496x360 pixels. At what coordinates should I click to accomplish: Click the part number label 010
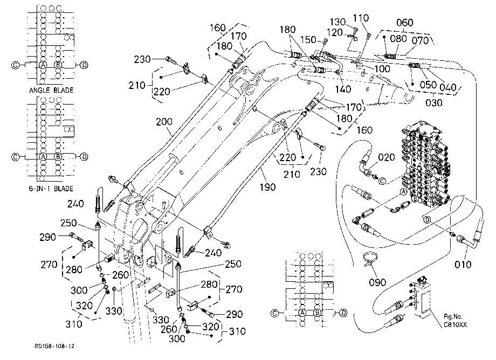[x=463, y=264]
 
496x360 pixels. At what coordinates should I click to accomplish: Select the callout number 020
[x=386, y=157]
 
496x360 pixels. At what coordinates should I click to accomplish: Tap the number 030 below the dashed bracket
[x=433, y=103]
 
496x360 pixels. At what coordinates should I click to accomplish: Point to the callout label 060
[x=404, y=23]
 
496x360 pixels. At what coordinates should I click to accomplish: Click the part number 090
[x=377, y=282]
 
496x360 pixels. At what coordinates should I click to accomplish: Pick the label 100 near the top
[x=382, y=68]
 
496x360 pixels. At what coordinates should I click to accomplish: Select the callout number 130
[x=337, y=22]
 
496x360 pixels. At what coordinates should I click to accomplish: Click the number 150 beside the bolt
[x=308, y=39]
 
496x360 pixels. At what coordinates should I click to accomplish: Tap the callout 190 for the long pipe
[x=267, y=187]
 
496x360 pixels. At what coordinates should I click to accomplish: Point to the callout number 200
[x=164, y=122]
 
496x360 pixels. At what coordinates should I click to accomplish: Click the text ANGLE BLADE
[x=51, y=90]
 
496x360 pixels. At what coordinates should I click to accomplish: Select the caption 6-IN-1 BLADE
[x=51, y=189]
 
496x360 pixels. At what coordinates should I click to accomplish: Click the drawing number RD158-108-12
[x=54, y=346]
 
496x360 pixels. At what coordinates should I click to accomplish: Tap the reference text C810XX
[x=455, y=324]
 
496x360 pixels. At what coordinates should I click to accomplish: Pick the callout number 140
[x=343, y=89]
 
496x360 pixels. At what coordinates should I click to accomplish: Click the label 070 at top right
[x=420, y=40]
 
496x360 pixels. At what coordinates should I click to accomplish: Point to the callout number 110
[x=361, y=18]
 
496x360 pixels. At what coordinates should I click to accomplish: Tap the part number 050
[x=428, y=85]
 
